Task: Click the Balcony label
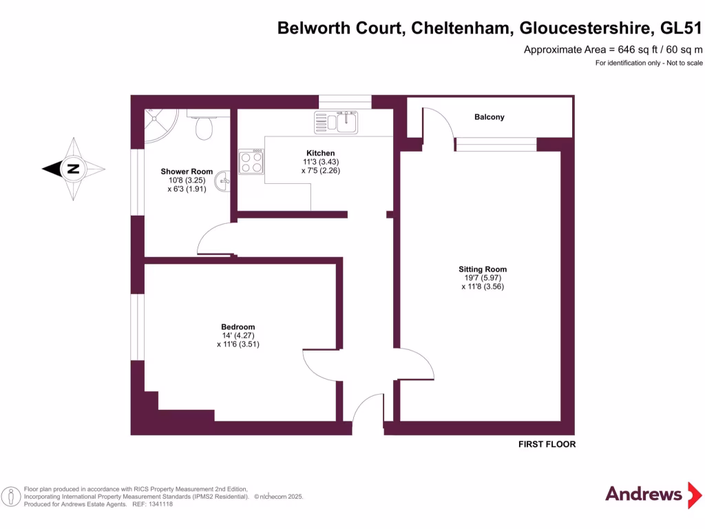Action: [x=489, y=117]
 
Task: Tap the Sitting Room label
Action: [x=483, y=269]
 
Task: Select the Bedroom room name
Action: [x=238, y=327]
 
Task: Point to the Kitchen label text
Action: [x=321, y=153]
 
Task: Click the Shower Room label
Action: [x=187, y=172]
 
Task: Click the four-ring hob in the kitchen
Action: [x=252, y=162]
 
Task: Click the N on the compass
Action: [x=72, y=169]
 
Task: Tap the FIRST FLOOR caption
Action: [x=547, y=444]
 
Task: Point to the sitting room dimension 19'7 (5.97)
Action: [x=483, y=278]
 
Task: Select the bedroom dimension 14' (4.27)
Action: [x=238, y=335]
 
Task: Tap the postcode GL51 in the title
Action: [x=681, y=28]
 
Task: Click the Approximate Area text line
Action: [x=613, y=50]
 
